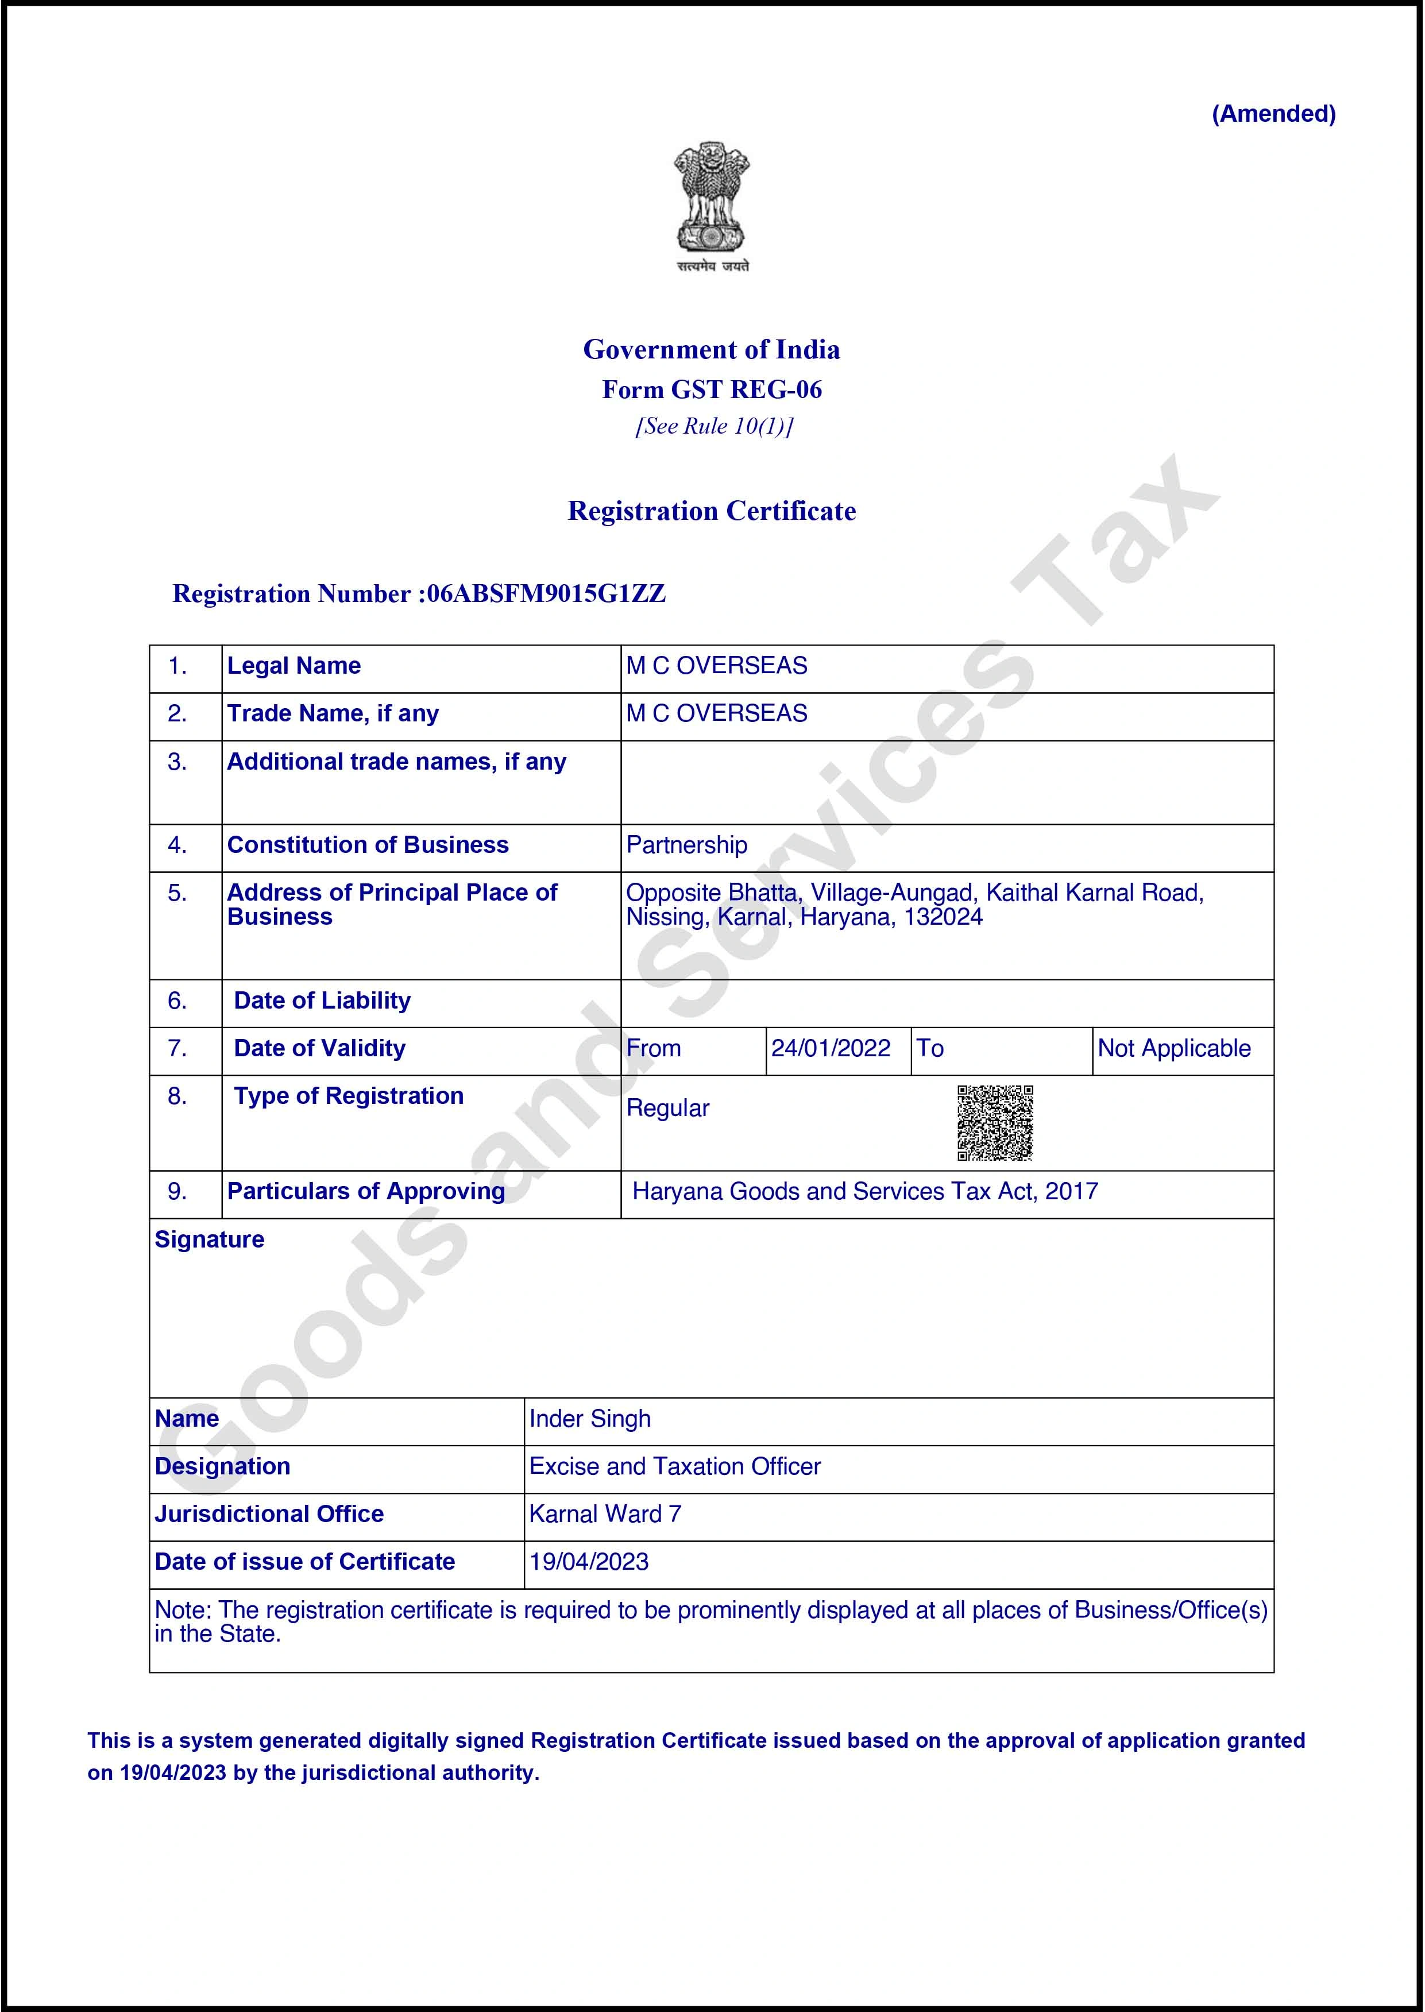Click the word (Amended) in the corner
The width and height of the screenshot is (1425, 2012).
[1273, 114]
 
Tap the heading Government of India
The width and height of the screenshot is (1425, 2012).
[712, 349]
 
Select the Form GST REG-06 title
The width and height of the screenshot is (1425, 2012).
[712, 389]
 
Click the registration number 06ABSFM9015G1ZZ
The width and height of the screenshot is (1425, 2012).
[546, 594]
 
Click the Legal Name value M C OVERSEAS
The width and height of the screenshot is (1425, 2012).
[716, 666]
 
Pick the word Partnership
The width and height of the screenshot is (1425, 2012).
[686, 845]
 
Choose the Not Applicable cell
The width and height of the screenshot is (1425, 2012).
[1174, 1049]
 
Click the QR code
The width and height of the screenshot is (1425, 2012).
[995, 1123]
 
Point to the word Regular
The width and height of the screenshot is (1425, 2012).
[668, 1108]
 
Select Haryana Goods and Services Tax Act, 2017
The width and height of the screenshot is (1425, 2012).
[865, 1192]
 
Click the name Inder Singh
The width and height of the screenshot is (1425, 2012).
[590, 1419]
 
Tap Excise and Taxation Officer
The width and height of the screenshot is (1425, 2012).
[675, 1466]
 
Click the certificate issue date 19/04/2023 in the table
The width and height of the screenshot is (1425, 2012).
[589, 1562]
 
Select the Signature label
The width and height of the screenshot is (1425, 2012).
[209, 1240]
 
